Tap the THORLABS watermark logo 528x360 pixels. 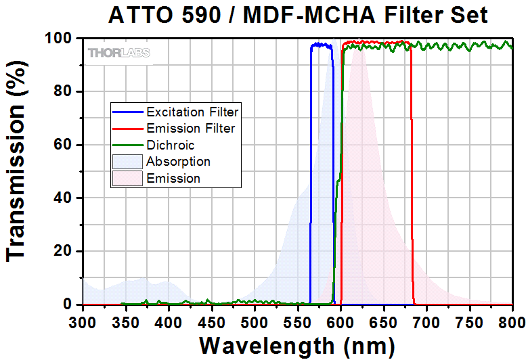coord(118,52)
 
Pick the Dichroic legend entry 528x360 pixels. coord(170,144)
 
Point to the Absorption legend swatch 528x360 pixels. coord(127,162)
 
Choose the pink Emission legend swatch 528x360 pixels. coord(127,179)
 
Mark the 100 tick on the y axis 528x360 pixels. coord(60,39)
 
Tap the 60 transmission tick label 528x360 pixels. coord(64,145)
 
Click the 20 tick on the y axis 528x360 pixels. coord(64,251)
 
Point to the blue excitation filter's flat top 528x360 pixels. coord(322,45)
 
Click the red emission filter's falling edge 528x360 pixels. coord(412,169)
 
